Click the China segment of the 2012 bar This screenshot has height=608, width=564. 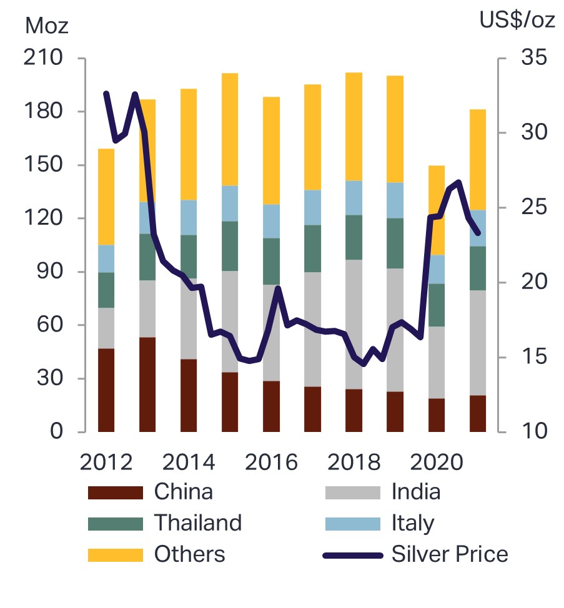(x=106, y=390)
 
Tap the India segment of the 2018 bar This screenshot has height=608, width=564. (x=354, y=325)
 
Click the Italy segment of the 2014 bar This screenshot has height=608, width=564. (x=189, y=217)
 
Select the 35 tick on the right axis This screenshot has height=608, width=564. (x=532, y=59)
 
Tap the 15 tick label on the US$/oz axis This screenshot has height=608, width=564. (x=532, y=357)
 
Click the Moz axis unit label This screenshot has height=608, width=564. (x=46, y=26)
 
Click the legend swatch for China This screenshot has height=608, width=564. (x=116, y=493)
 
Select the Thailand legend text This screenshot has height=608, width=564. (x=197, y=522)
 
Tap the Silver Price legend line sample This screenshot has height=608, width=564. (x=352, y=554)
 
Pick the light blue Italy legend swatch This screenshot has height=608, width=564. (x=352, y=523)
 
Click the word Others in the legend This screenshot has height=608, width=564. (x=189, y=554)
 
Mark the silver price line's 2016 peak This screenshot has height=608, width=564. (x=278, y=288)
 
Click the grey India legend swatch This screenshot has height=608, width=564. (x=352, y=493)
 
